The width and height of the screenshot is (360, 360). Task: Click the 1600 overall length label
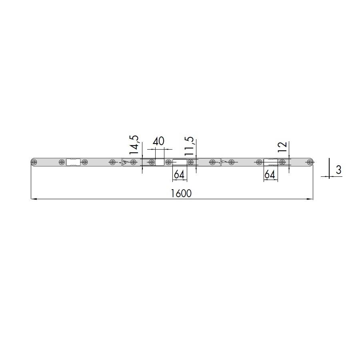[x=181, y=194]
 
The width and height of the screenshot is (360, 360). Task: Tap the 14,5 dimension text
[x=134, y=145]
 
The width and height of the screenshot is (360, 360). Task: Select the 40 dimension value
[x=158, y=142]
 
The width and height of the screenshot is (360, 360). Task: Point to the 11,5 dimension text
[x=189, y=146]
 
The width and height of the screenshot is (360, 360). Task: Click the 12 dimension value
[x=282, y=147]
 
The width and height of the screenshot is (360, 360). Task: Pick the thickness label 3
[x=338, y=170]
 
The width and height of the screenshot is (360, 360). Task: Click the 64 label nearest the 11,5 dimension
[x=179, y=175]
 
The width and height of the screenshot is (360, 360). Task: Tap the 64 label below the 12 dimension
[x=270, y=175]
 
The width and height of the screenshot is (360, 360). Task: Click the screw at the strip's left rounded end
[x=34, y=162]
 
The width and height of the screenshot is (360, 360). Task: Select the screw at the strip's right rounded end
[x=310, y=162]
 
